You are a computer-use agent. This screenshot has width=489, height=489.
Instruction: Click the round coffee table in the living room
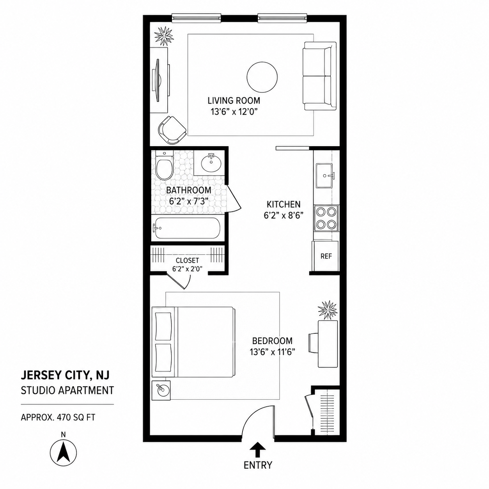click(262, 77)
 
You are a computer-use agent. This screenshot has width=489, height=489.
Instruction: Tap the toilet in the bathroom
click(164, 165)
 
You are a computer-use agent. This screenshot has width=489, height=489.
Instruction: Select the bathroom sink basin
click(211, 163)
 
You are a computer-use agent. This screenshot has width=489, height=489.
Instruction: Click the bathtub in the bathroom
click(187, 228)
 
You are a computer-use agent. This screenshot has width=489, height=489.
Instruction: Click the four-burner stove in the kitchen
click(326, 218)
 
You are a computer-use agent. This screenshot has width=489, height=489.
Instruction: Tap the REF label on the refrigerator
click(326, 256)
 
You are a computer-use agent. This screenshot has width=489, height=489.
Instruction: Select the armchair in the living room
click(172, 130)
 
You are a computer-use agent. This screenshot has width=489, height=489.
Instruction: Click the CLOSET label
click(187, 260)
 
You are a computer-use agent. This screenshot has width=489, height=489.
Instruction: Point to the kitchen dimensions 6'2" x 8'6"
click(284, 215)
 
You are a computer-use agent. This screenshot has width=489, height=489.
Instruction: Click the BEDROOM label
click(272, 340)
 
